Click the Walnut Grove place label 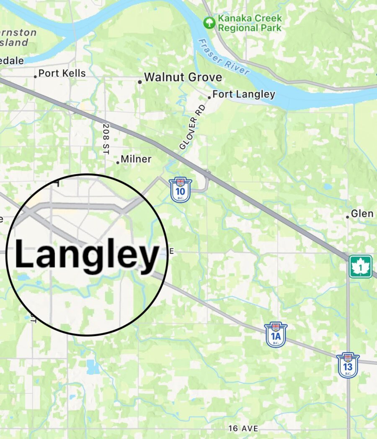[x=183, y=77]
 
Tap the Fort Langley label [x=244, y=94]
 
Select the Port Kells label [x=62, y=73]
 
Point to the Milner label [x=136, y=159]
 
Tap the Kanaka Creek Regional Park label [x=250, y=23]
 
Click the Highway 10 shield [x=181, y=190]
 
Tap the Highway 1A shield [x=276, y=334]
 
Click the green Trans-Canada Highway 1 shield [x=361, y=267]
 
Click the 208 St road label [x=105, y=139]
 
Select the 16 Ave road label [x=243, y=429]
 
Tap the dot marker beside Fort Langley [x=209, y=98]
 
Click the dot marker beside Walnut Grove [x=140, y=82]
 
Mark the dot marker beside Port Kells [x=35, y=77]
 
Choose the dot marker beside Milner [x=118, y=162]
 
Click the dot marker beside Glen [x=347, y=217]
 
